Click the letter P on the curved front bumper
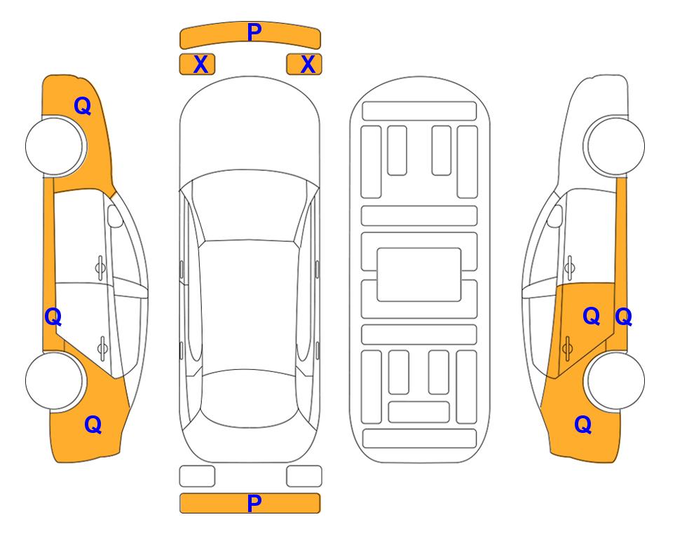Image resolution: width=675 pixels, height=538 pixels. click(254, 32)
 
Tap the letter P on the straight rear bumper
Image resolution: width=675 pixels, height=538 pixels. click(254, 503)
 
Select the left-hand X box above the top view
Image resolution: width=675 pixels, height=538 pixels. click(197, 64)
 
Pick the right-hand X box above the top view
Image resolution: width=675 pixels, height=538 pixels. click(304, 64)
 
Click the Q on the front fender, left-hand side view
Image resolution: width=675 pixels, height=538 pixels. click(82, 106)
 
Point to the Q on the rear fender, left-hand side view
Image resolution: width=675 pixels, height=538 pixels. click(93, 425)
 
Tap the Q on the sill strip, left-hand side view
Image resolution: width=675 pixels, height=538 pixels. click(53, 317)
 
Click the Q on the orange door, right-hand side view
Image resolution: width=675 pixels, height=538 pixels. click(591, 317)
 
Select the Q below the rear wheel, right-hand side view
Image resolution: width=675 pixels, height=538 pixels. click(583, 425)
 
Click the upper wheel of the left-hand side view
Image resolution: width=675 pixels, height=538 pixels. click(55, 146)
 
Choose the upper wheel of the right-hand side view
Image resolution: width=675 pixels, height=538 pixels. click(615, 146)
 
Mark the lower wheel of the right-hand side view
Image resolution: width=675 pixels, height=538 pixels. click(615, 380)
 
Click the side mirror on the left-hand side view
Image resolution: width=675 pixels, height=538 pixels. click(115, 216)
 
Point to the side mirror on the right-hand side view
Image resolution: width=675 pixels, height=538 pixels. click(555, 216)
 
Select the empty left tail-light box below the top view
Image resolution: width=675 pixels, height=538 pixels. click(197, 476)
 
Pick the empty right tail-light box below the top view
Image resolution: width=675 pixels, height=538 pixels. click(304, 476)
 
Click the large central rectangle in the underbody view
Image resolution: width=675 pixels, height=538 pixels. click(419, 275)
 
